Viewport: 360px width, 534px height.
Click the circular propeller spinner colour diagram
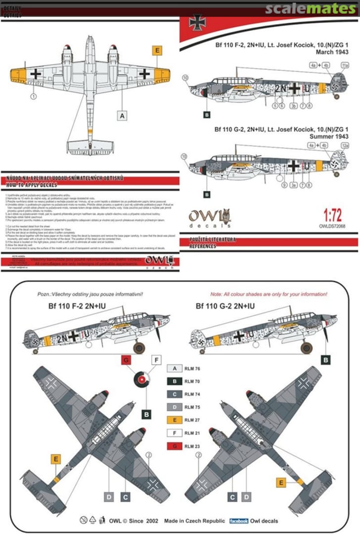(x=141, y=380)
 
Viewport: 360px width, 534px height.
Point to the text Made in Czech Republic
(x=195, y=521)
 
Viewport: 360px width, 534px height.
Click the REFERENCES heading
(x=203, y=246)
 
